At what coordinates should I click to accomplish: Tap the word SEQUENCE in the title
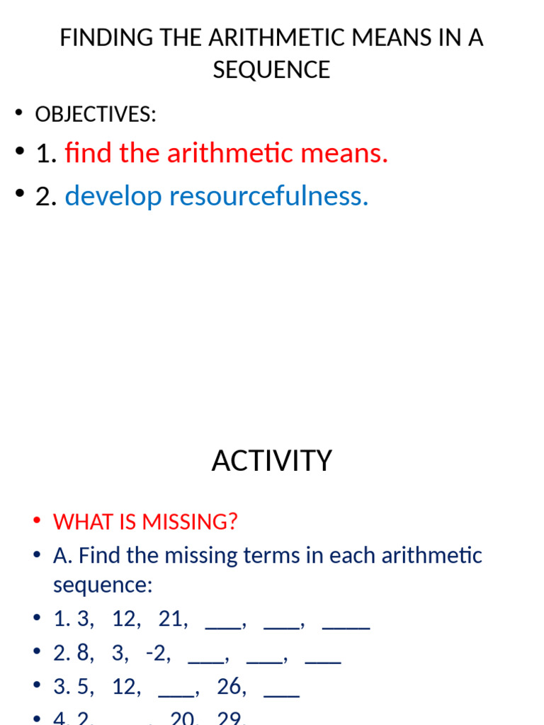272,69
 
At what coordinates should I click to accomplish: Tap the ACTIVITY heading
272,461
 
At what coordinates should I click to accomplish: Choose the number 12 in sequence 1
126,620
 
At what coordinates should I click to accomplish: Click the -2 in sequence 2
158,653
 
